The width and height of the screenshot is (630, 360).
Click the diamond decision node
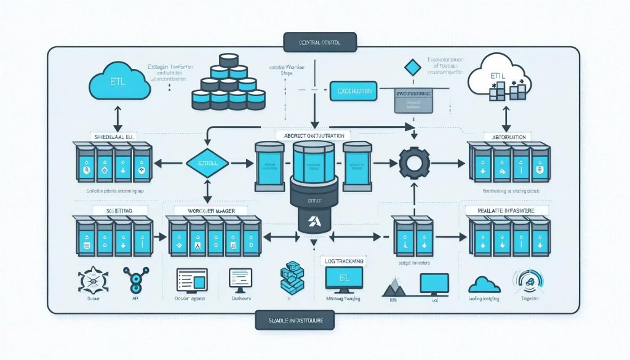pyautogui.click(x=208, y=163)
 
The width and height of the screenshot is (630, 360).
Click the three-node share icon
pyautogui.click(x=134, y=280)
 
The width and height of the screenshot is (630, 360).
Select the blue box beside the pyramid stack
pyautogui.click(x=351, y=90)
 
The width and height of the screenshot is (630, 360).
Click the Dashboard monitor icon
pyautogui.click(x=241, y=279)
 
